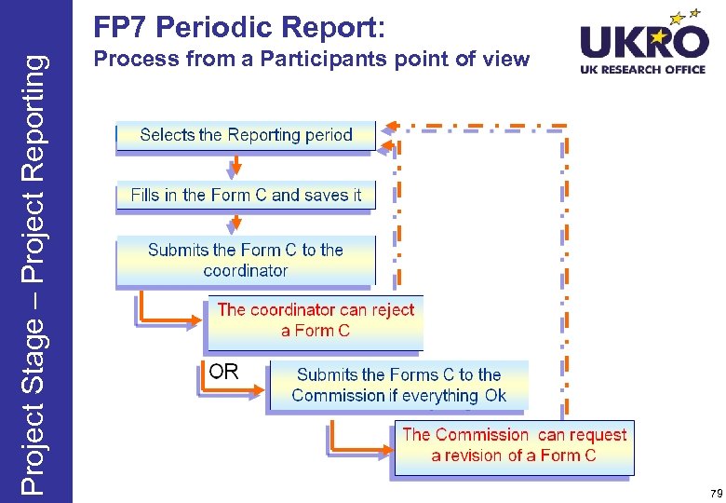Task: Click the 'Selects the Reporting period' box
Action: point(246,135)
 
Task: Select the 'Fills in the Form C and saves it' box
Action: point(246,196)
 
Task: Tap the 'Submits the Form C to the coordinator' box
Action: point(246,260)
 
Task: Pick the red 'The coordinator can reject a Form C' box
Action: point(316,320)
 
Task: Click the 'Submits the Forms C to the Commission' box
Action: point(398,385)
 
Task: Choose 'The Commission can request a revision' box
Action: point(514,445)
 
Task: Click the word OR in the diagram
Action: point(223,372)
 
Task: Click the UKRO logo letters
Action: point(643,42)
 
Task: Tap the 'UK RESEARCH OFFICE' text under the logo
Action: point(643,69)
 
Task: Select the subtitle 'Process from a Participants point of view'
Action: point(312,61)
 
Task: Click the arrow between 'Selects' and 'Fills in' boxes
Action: point(236,166)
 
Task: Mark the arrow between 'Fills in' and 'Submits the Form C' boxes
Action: point(236,224)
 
